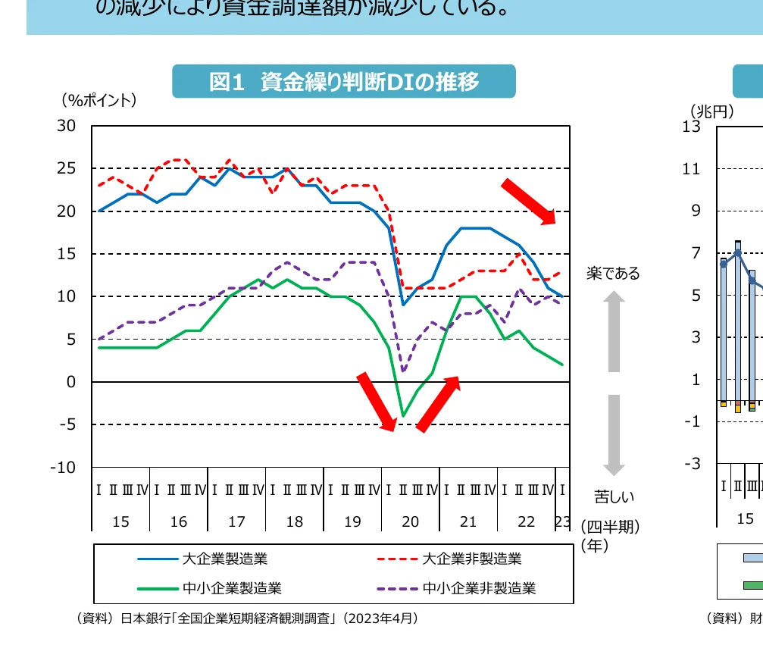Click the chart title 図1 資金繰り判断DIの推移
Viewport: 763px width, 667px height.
click(x=344, y=82)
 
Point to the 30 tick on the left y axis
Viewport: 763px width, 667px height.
click(x=67, y=126)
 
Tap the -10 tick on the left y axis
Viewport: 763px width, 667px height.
click(x=64, y=468)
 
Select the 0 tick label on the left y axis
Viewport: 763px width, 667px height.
click(x=71, y=382)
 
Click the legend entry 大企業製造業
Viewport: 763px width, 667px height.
click(x=224, y=559)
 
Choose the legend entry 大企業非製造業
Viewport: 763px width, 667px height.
click(x=471, y=559)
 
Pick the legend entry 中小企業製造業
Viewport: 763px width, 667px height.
click(x=232, y=587)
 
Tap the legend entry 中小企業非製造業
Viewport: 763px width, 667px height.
click(x=479, y=587)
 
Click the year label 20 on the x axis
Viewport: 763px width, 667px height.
click(x=410, y=521)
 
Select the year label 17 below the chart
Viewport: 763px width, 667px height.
click(x=236, y=521)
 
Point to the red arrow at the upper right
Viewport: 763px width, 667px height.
click(x=529, y=202)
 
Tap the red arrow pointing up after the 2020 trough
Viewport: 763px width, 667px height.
click(x=438, y=404)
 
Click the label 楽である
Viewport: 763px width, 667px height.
click(x=613, y=274)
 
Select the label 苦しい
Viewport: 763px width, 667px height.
click(x=614, y=497)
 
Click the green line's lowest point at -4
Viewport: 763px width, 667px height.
click(x=403, y=415)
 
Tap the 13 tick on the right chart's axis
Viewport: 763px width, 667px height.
click(x=690, y=126)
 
